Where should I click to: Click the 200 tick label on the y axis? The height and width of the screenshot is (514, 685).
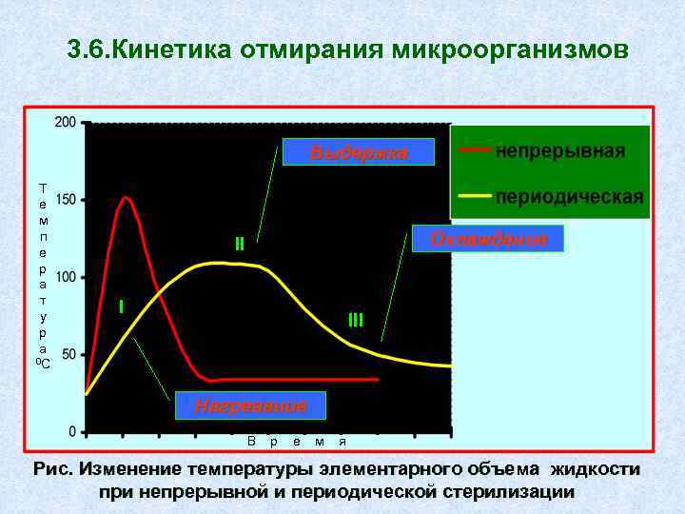click(x=65, y=123)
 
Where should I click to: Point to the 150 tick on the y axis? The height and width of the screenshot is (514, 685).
click(x=65, y=200)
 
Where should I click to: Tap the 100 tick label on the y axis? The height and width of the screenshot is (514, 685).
click(x=65, y=278)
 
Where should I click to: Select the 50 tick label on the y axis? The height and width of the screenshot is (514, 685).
click(x=68, y=354)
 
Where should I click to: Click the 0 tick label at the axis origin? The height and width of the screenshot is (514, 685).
click(x=73, y=432)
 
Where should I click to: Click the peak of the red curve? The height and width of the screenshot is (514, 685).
click(x=125, y=198)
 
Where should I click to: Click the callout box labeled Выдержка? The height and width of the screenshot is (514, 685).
click(x=358, y=152)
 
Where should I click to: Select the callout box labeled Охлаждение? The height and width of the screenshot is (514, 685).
click(x=488, y=238)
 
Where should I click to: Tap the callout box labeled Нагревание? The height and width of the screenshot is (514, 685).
click(x=250, y=405)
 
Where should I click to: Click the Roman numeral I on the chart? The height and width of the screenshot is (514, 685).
click(x=121, y=306)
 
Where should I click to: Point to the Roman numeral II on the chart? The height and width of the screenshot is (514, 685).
click(x=240, y=245)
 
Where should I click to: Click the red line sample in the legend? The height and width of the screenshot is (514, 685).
click(x=475, y=150)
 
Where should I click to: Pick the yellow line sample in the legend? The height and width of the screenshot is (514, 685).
click(x=475, y=196)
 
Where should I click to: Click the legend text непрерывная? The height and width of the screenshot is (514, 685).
click(x=561, y=151)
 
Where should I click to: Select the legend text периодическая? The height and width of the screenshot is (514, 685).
click(x=569, y=197)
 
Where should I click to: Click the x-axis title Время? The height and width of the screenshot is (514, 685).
click(x=296, y=441)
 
